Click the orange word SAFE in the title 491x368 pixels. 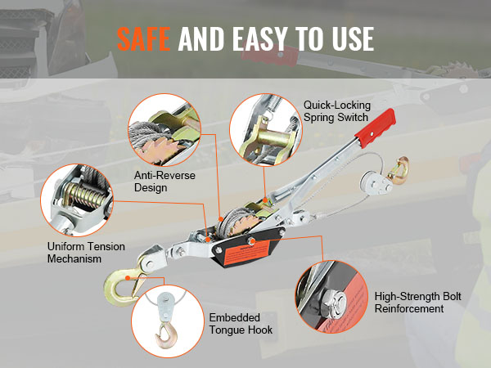[144, 38]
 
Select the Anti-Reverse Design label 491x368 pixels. [164, 182]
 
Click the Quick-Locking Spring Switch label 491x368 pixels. [337, 111]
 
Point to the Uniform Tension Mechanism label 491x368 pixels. [86, 253]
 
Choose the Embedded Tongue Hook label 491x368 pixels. [241, 324]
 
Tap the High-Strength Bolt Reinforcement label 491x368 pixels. [417, 303]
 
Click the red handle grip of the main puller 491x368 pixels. [376, 128]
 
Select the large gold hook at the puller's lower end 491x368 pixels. [124, 285]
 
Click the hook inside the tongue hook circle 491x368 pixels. [166, 335]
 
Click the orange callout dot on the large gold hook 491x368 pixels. [128, 278]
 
